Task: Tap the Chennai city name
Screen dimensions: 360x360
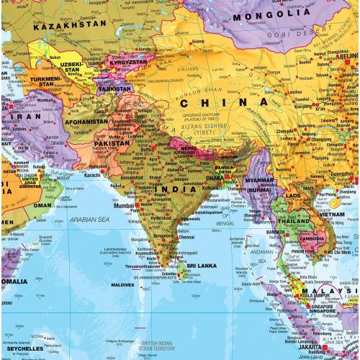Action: [186, 237]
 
